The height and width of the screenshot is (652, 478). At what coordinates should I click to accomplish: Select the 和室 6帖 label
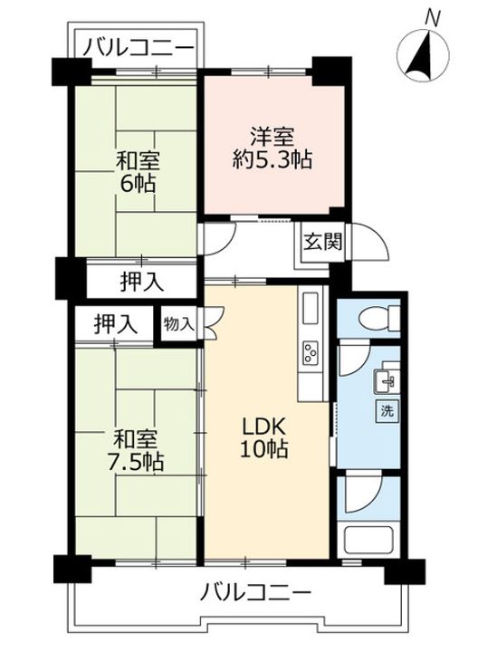coord(138,172)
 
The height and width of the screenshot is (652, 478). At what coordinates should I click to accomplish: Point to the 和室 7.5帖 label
coord(138,450)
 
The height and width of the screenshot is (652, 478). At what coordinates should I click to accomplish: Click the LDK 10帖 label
coord(264,437)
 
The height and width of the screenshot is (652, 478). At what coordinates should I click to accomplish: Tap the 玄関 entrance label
coord(321,243)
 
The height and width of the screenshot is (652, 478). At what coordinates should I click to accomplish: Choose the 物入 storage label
coord(178,323)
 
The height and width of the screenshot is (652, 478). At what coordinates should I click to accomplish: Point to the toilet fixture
coord(373,319)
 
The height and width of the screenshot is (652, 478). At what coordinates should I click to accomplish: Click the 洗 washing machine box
coord(387,409)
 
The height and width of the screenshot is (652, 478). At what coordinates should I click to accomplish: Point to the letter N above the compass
coord(433,16)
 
